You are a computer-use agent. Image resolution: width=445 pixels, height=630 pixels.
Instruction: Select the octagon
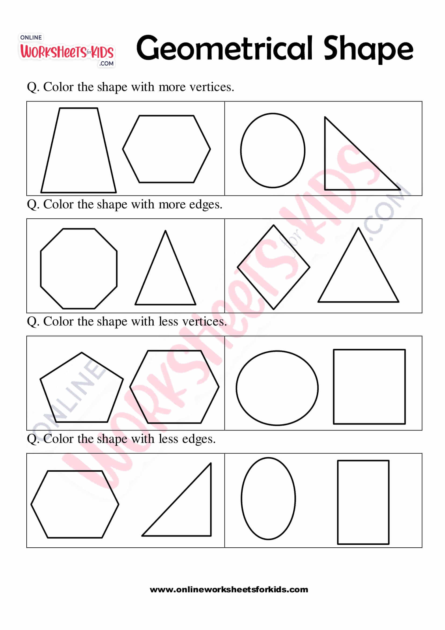click(79, 268)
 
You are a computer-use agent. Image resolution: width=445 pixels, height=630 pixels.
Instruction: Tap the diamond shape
click(273, 267)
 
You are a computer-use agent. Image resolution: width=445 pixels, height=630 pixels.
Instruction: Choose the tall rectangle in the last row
click(363, 502)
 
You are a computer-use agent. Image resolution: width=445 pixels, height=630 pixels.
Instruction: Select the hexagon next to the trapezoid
click(166, 149)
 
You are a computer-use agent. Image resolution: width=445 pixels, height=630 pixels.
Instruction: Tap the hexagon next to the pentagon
click(174, 387)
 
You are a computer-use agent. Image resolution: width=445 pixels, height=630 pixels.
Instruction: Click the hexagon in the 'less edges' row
click(75, 504)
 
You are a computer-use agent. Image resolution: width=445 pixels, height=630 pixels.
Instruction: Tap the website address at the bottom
click(229, 590)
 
